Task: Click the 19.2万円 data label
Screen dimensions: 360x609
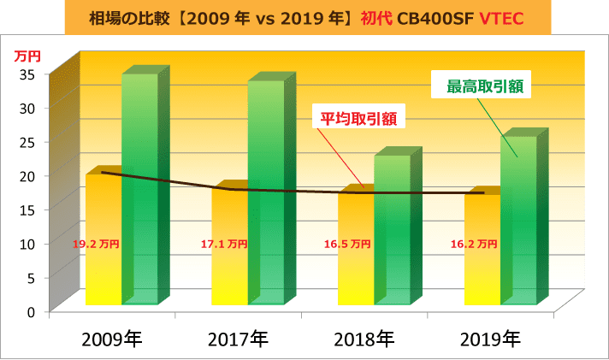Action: [x=96, y=244]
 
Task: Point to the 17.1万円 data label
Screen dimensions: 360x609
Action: [x=223, y=244]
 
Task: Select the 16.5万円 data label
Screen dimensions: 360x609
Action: [x=348, y=244]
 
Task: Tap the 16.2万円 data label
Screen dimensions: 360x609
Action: [x=474, y=244]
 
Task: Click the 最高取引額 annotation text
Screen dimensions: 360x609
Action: [x=484, y=86]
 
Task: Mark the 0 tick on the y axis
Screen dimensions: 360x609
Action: [x=31, y=311]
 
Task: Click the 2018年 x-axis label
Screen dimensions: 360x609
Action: [x=363, y=339]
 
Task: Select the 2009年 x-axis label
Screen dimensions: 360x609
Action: [x=112, y=339]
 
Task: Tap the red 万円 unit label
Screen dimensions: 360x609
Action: [x=27, y=56]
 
